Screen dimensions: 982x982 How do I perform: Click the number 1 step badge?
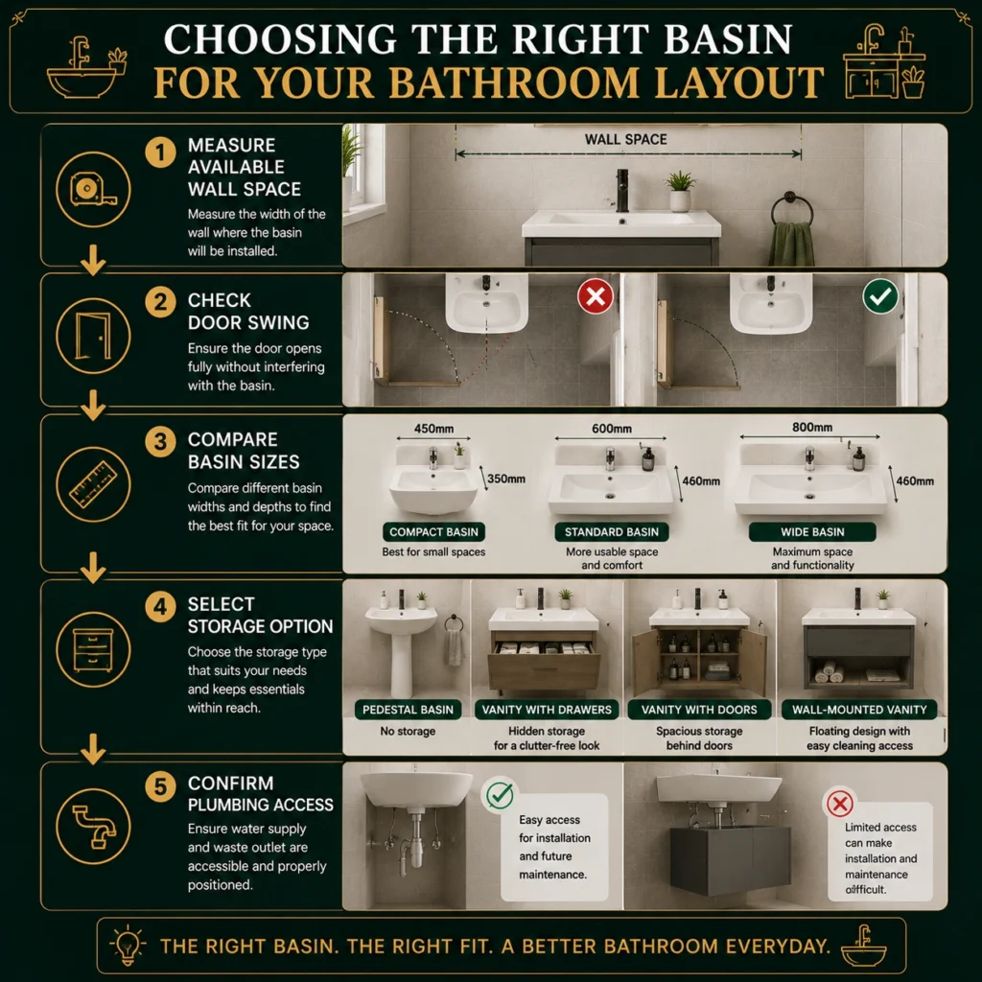[x=160, y=152]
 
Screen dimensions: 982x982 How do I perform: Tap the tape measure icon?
[x=93, y=189]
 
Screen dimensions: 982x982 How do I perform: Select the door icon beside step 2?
[x=93, y=337]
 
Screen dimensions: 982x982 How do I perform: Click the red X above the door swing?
[x=595, y=295]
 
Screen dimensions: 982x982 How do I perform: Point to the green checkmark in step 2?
[x=880, y=295]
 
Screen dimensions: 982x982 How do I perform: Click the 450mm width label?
[x=433, y=429]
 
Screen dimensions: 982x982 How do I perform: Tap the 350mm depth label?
[x=506, y=479]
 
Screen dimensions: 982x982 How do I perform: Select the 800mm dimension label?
[x=811, y=427]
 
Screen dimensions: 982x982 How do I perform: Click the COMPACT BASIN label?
[x=433, y=531]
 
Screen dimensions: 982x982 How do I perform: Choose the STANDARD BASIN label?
[x=611, y=531]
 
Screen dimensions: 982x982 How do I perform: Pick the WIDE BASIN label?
[x=812, y=531]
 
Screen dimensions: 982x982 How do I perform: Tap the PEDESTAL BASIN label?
[x=408, y=710]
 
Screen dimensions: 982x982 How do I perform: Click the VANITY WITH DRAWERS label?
[x=546, y=710]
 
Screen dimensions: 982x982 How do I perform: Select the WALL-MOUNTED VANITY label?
[x=859, y=710]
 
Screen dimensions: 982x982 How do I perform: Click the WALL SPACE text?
[x=625, y=140]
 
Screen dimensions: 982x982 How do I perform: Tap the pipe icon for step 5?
[x=93, y=827]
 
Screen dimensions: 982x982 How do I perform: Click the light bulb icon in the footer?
[x=128, y=945]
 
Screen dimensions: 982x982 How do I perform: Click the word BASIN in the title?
[x=728, y=38]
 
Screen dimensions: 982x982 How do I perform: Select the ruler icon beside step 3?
[x=93, y=484]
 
